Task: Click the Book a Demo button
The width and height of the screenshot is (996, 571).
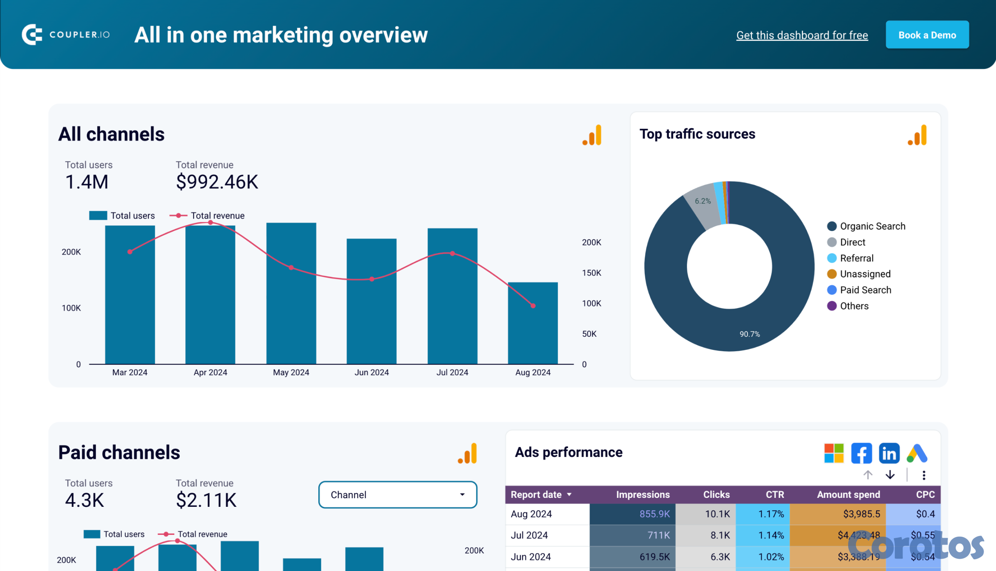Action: click(927, 35)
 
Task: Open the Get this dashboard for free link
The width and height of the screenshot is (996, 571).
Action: click(802, 35)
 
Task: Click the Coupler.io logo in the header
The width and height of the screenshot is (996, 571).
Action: click(65, 35)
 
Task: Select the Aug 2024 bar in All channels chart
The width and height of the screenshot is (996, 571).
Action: click(533, 324)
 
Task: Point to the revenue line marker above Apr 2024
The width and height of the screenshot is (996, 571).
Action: click(210, 222)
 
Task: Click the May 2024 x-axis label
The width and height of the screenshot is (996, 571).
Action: click(291, 372)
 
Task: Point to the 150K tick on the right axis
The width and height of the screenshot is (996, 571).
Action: click(591, 273)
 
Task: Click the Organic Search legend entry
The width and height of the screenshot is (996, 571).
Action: click(872, 226)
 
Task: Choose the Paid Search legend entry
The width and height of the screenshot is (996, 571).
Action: click(865, 290)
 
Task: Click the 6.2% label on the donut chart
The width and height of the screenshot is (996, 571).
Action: click(703, 201)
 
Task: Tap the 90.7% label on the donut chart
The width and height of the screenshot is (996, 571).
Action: click(750, 334)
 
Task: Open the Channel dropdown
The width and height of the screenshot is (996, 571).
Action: click(398, 494)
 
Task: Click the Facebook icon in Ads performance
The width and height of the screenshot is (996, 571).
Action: click(861, 454)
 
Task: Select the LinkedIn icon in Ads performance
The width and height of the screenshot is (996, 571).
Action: click(889, 454)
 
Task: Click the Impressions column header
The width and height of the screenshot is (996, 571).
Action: click(643, 494)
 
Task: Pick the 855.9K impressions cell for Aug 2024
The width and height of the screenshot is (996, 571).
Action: click(654, 514)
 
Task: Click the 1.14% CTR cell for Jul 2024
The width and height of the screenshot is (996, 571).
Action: click(771, 535)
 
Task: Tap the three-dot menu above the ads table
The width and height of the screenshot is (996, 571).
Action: click(924, 475)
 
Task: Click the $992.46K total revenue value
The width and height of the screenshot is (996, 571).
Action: click(217, 182)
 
